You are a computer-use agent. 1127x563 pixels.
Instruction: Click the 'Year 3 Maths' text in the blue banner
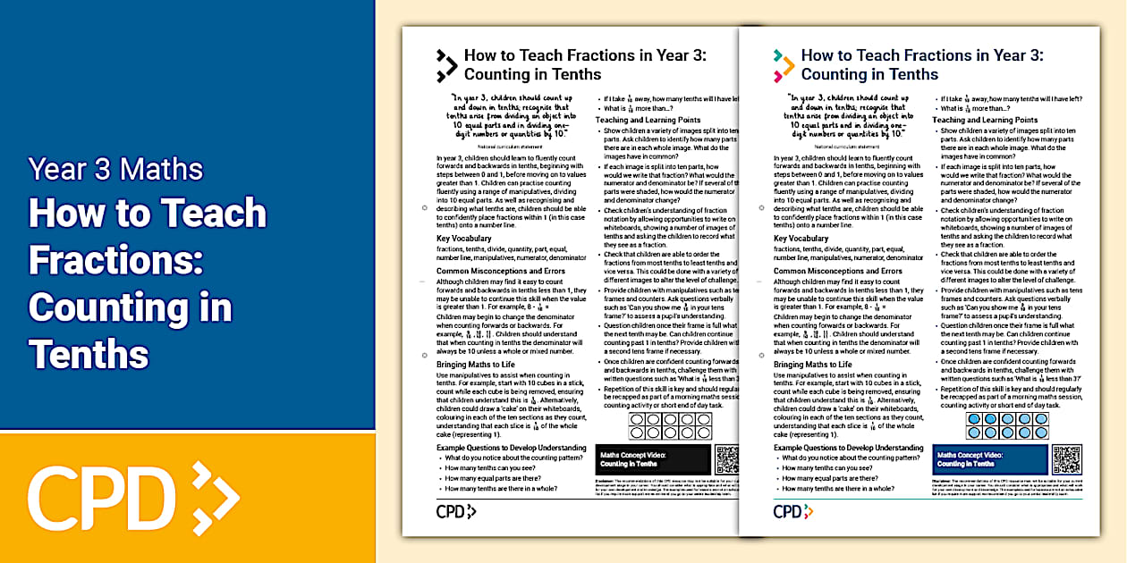coord(115,169)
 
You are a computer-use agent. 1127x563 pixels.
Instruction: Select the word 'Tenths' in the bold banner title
coord(89,354)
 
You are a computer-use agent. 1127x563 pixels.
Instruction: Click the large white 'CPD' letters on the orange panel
coord(103,494)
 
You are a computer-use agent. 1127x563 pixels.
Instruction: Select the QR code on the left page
coord(726,459)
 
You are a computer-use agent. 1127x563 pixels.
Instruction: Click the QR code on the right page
coord(1066,459)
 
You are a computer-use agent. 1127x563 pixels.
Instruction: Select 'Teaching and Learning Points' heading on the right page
coord(985,120)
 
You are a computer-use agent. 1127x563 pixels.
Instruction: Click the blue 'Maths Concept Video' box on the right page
coord(990,459)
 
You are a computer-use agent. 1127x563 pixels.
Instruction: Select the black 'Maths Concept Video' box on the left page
coord(653,459)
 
